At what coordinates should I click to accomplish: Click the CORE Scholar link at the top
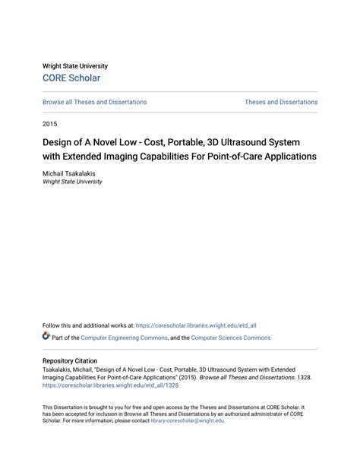(x=71, y=78)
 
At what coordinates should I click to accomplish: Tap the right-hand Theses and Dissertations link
(x=281, y=102)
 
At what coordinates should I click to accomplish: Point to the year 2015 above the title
(x=49, y=123)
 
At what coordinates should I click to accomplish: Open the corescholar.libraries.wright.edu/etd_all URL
(x=196, y=325)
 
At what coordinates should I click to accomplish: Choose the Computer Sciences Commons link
(x=230, y=338)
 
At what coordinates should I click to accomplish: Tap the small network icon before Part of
(x=46, y=337)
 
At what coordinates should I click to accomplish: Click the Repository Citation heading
(x=75, y=361)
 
